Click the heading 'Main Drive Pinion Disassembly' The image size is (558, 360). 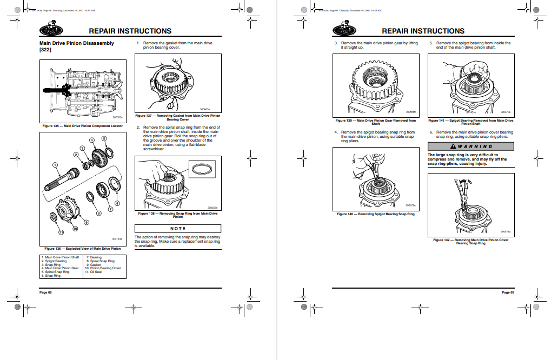(77, 43)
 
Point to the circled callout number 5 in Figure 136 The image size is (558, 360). (105, 138)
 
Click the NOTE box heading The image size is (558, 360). (177, 229)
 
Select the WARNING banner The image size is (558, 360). (470, 146)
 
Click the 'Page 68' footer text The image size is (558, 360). (45, 292)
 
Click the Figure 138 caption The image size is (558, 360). (177, 215)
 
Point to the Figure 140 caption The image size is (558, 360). (376, 214)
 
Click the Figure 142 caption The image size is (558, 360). (470, 241)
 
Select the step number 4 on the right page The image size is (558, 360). (336, 132)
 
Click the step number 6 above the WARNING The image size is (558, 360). (431, 132)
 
